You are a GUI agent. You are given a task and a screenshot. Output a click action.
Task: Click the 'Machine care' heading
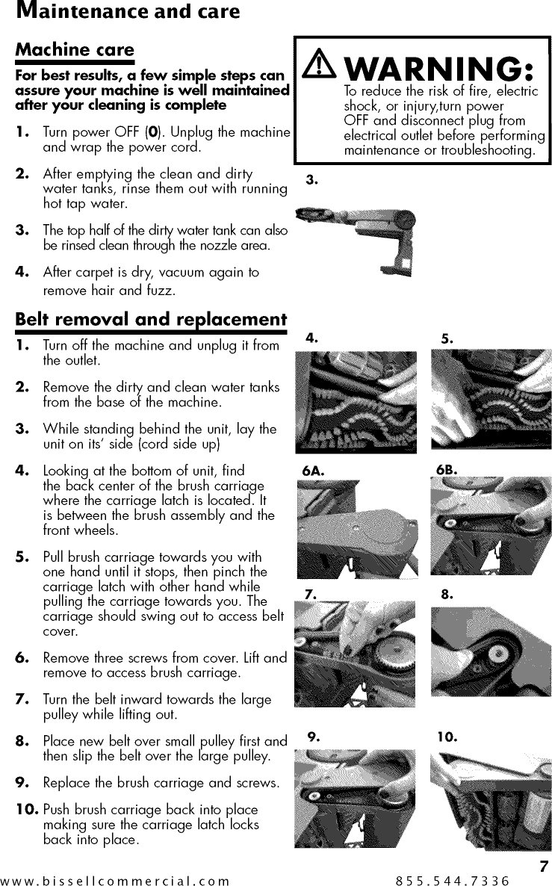pos(75,50)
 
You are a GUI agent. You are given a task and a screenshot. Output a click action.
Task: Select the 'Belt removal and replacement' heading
pos(151,319)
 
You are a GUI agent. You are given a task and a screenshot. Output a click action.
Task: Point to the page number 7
pos(544,867)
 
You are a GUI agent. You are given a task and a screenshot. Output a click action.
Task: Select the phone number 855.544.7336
pos(453,880)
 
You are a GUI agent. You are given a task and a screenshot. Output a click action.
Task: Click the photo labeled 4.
pos(356,401)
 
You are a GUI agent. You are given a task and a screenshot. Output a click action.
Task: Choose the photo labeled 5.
pos(491,401)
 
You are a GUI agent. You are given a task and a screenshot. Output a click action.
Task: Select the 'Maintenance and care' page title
pos(120,11)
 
